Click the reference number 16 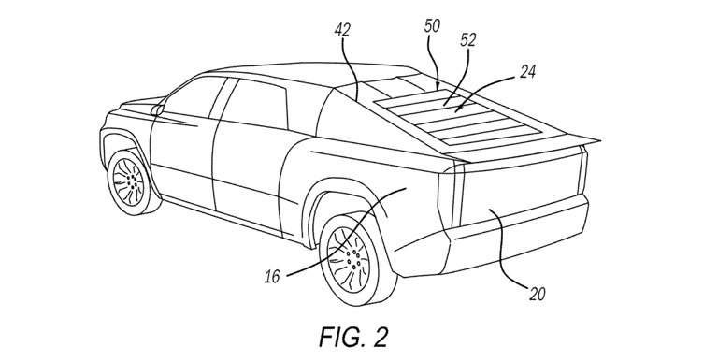271,278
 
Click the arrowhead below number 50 438,87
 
